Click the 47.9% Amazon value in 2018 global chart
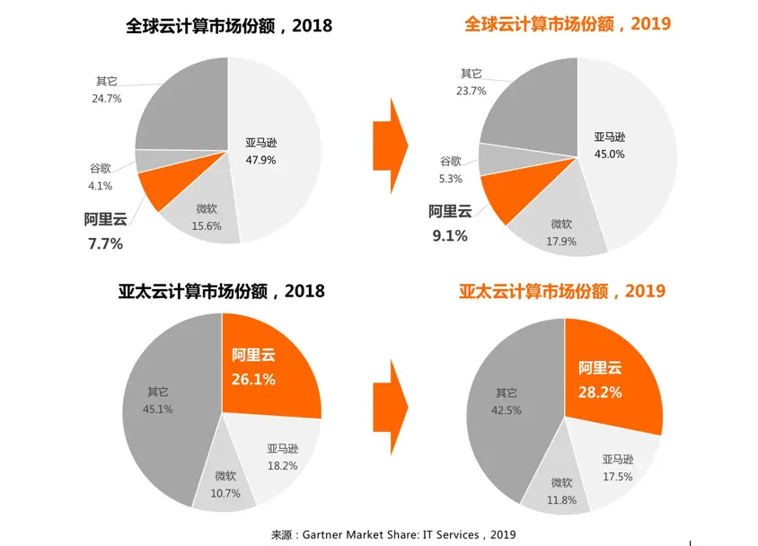[261, 161]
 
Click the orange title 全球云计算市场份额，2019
[568, 24]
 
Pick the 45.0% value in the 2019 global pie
[609, 154]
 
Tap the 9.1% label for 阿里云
[449, 237]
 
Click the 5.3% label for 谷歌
[451, 179]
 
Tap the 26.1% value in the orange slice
[253, 379]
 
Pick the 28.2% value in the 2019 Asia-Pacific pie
[600, 392]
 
